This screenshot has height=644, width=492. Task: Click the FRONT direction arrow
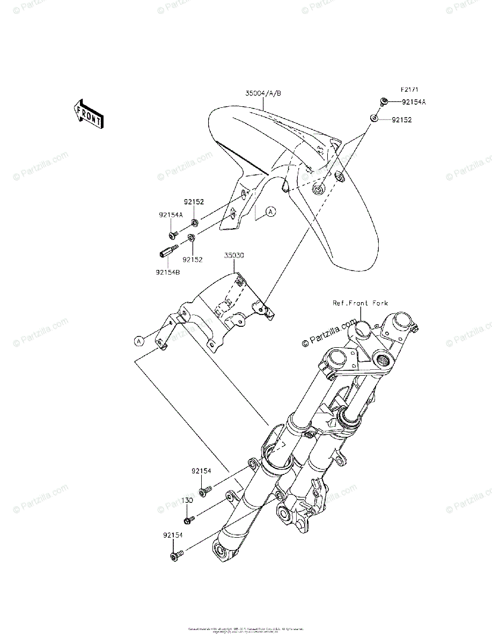(89, 114)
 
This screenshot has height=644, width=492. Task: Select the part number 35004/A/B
(263, 93)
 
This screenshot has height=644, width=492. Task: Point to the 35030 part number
(234, 256)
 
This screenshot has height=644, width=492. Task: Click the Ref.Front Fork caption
(359, 303)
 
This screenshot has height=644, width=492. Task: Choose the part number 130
(187, 500)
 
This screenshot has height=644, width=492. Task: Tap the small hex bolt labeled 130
(189, 519)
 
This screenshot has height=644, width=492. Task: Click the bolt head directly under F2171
(384, 101)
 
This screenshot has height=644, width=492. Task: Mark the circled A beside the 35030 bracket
(139, 340)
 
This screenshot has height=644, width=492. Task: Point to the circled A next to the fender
(271, 212)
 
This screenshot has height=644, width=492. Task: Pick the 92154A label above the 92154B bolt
(171, 215)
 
